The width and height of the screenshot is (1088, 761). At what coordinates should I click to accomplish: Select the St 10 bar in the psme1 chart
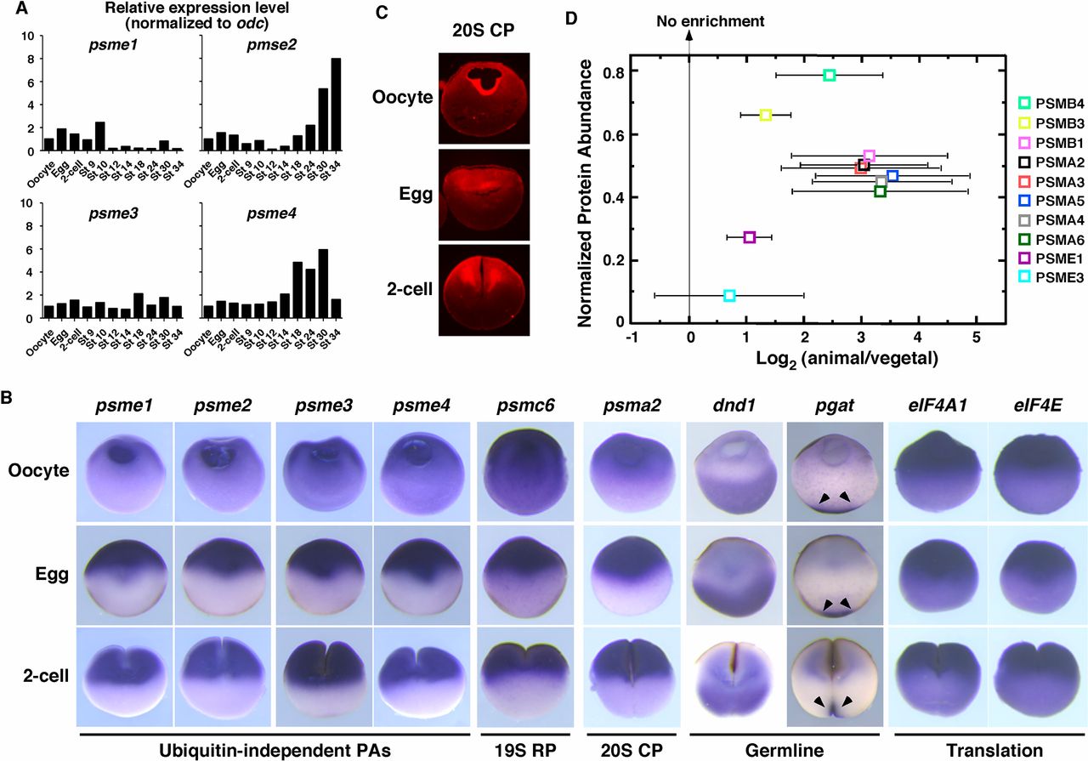coord(100,137)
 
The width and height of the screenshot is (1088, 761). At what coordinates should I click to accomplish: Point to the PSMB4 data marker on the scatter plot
coord(830,75)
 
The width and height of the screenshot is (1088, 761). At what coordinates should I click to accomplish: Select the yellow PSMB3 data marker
coord(765,115)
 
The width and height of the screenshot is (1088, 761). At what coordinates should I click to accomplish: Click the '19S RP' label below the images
coord(520,750)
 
